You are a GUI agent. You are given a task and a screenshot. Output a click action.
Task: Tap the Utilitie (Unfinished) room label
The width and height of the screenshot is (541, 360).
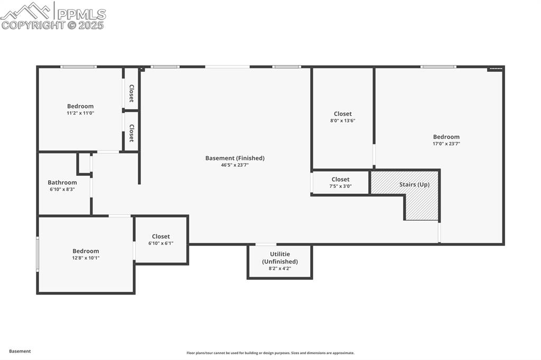click(x=280, y=258)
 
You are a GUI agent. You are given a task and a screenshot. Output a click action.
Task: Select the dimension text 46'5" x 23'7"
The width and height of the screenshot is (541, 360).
click(x=235, y=165)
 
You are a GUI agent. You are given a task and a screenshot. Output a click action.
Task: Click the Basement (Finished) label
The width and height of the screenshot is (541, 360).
click(x=235, y=158)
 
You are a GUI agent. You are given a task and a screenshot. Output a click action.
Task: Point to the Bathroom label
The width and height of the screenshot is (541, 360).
click(x=62, y=182)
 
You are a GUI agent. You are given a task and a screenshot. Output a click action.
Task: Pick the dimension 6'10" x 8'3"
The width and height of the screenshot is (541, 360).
click(x=62, y=189)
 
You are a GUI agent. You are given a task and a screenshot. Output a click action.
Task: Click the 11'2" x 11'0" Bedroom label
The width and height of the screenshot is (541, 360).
click(x=80, y=106)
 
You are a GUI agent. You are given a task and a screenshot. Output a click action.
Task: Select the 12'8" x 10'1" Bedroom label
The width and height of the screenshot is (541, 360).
click(x=86, y=251)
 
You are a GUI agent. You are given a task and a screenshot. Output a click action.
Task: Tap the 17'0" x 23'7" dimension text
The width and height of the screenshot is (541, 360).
click(x=446, y=144)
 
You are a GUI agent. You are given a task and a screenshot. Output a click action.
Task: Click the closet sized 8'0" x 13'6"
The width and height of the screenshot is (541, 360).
click(x=342, y=117)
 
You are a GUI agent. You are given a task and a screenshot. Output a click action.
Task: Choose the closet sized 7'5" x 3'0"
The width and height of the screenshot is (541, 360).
click(x=341, y=182)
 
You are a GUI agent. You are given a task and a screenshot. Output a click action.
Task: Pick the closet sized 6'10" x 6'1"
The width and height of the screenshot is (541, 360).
click(x=161, y=240)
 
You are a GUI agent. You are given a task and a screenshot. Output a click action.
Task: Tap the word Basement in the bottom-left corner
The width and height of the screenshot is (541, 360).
click(x=20, y=351)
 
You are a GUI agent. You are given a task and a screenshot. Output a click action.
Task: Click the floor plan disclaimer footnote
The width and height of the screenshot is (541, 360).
click(x=270, y=353)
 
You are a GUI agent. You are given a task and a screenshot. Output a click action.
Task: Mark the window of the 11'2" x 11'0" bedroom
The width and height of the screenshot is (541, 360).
click(x=78, y=67)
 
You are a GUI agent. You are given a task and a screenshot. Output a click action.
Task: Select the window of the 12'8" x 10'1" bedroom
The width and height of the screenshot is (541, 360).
click(x=38, y=254)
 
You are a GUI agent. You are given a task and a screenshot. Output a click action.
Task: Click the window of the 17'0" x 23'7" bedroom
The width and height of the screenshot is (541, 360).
click(x=438, y=67)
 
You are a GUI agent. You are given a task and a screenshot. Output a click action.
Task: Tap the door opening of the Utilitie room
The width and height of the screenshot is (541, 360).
click(x=266, y=244)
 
